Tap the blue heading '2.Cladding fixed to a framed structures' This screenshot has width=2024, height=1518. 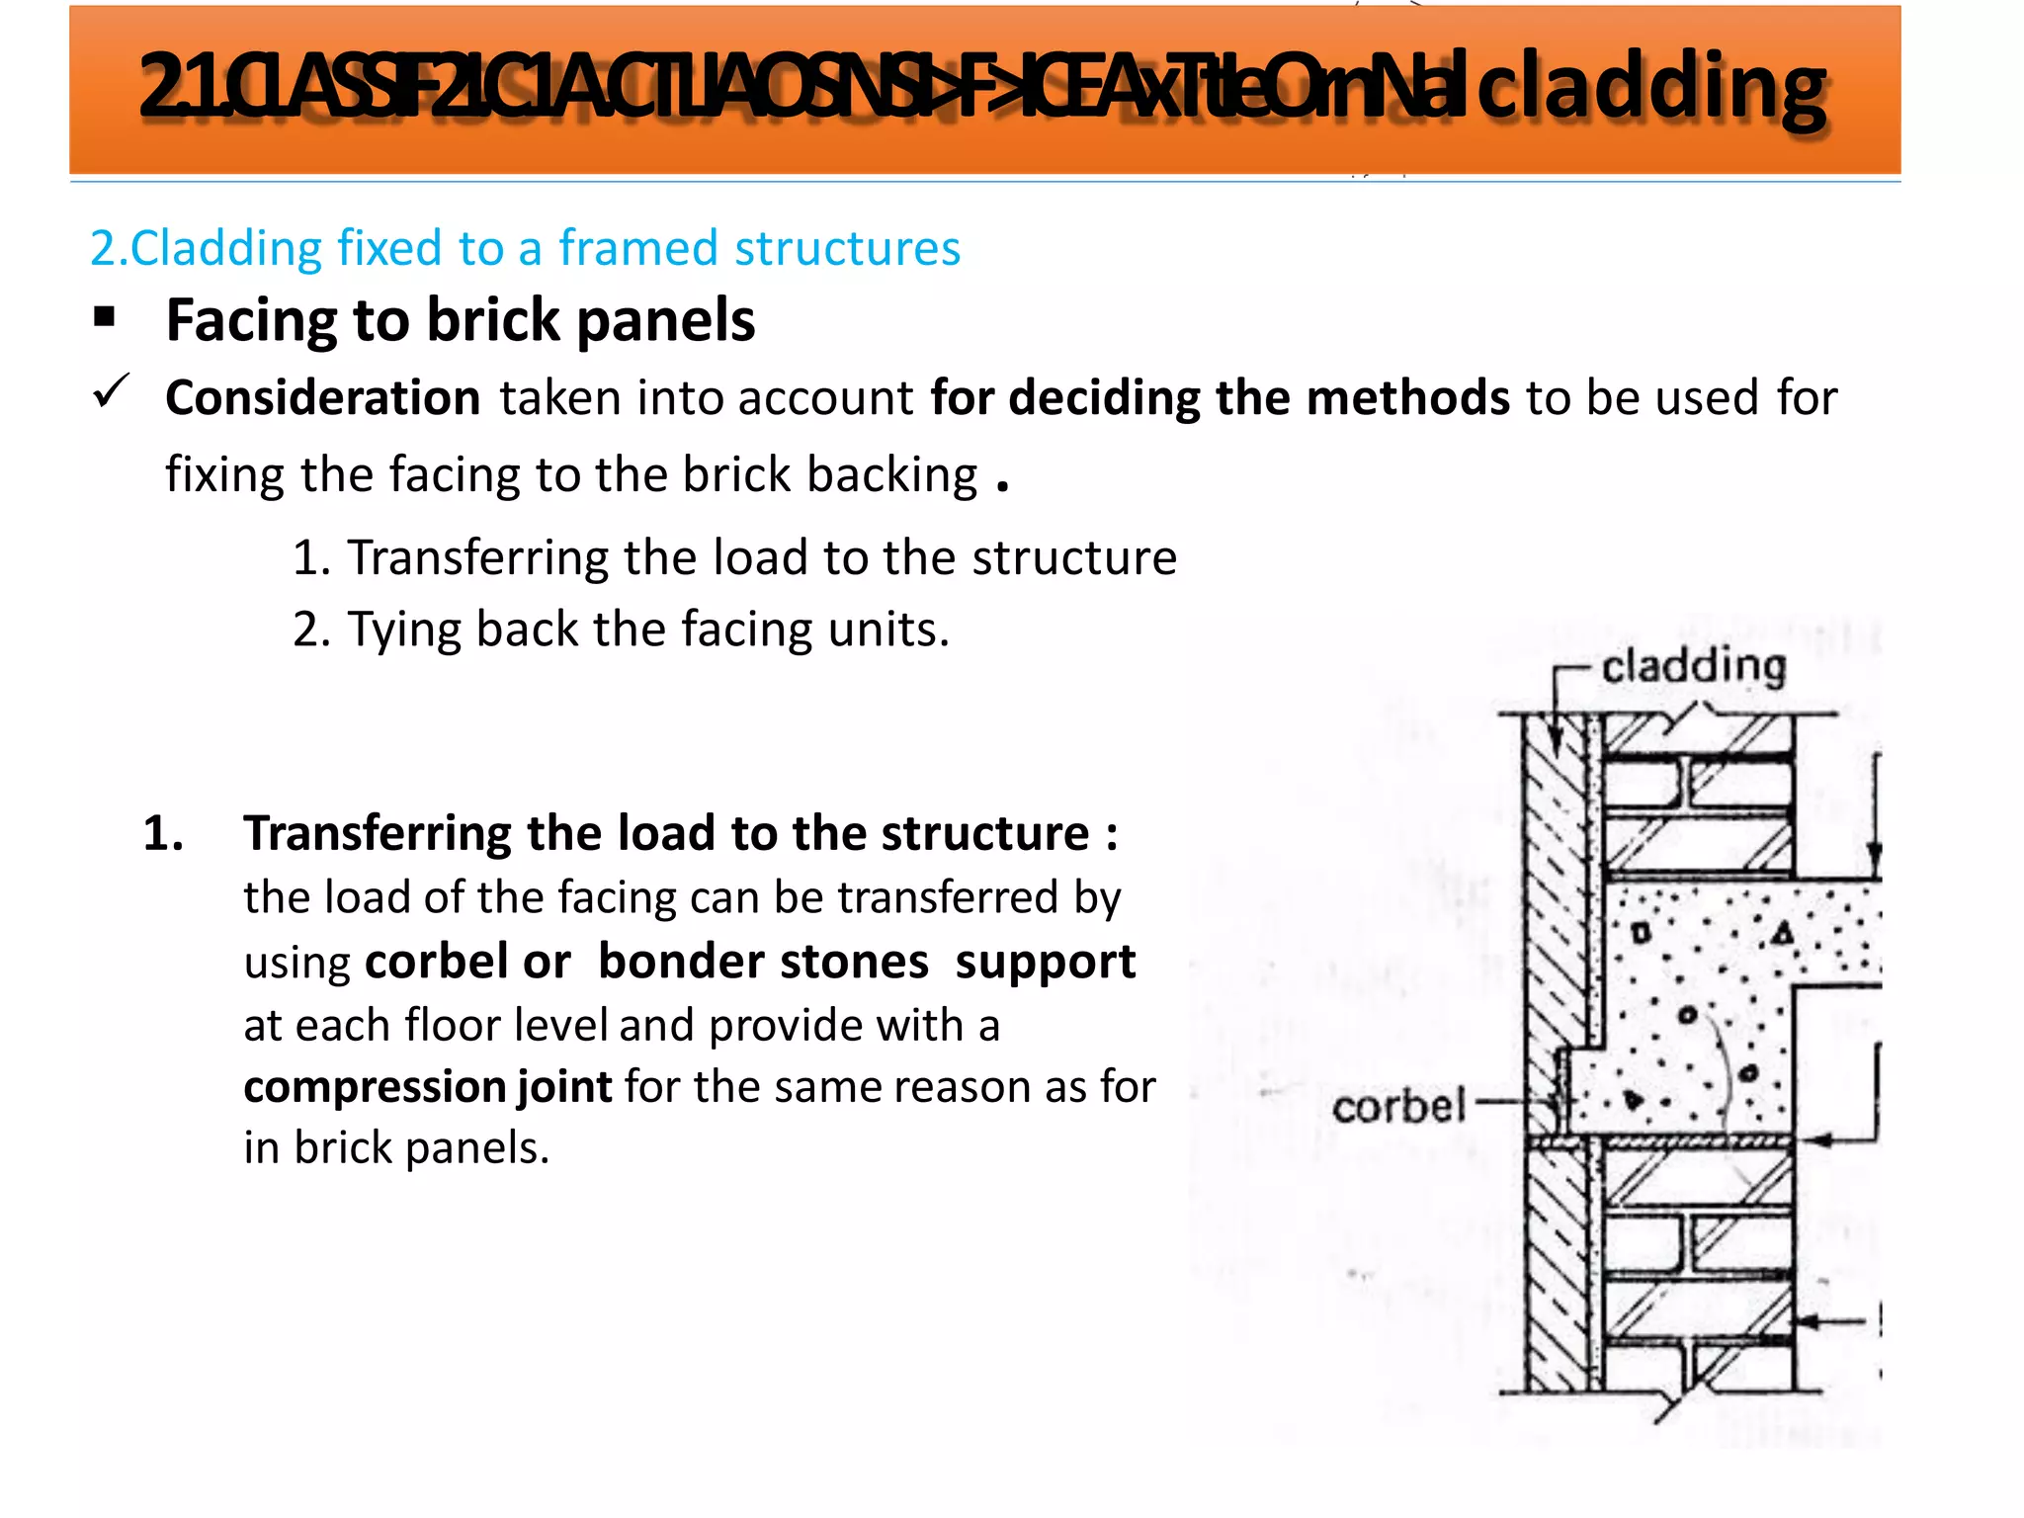[x=525, y=248]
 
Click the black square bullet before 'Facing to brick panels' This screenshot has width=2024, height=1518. [x=105, y=318]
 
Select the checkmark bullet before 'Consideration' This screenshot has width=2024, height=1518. [x=111, y=392]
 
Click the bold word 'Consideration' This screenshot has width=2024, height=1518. [x=323, y=398]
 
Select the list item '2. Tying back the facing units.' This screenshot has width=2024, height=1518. [x=621, y=630]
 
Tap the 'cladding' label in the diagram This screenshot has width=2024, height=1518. [x=1693, y=666]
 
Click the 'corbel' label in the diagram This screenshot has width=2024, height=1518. [x=1398, y=1106]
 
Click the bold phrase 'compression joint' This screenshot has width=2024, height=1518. [x=428, y=1087]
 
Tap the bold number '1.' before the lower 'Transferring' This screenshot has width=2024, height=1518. [x=163, y=833]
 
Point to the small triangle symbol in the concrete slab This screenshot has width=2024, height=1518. [x=1782, y=932]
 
